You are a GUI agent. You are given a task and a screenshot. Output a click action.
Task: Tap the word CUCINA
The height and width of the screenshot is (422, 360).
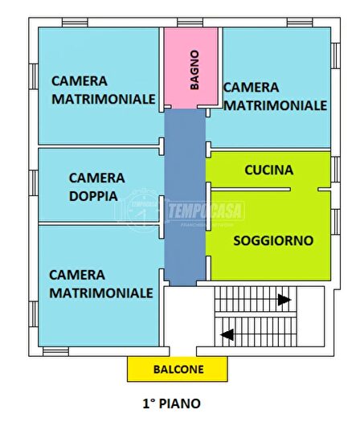coord(268,170)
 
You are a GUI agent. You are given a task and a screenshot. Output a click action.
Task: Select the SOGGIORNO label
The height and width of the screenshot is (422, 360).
coord(273,240)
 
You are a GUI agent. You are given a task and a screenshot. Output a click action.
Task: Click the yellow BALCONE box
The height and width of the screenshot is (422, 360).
coord(178,370)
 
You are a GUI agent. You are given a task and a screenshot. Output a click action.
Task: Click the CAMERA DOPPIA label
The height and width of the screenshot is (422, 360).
coord(96,186)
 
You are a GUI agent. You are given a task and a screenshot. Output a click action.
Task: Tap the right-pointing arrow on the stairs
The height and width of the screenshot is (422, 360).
coord(282,301)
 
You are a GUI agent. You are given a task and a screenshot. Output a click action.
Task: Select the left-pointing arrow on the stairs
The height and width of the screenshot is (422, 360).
coord(228,334)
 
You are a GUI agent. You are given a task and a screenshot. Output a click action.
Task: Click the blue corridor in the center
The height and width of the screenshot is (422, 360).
coord(185,201)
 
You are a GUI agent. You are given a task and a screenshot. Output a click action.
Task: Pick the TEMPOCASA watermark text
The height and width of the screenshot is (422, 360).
coord(205,211)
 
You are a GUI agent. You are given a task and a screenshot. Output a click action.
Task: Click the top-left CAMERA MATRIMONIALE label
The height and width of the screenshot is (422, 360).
coord(103,90)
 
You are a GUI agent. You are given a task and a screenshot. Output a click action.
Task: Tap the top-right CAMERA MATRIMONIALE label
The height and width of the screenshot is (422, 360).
coord(273,96)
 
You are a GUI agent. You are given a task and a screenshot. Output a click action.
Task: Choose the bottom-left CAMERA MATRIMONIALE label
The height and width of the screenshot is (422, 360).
coord(100,284)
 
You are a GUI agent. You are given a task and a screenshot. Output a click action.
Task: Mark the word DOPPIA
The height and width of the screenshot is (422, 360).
coord(93,195)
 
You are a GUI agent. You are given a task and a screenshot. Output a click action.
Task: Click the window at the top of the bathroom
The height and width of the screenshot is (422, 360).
coord(190,23)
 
